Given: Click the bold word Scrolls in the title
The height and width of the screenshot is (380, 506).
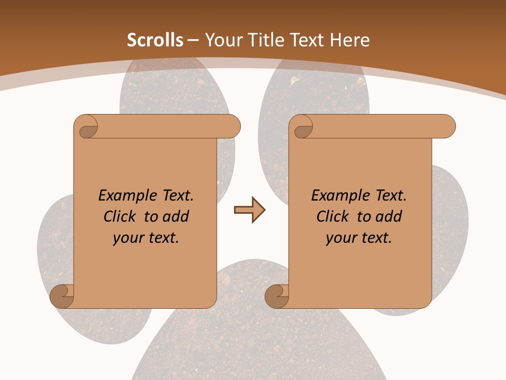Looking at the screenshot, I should coord(155,40).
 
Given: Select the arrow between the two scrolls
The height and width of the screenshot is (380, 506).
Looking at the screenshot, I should coord(249,210).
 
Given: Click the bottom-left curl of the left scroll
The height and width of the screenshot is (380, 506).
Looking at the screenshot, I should coord(62,296).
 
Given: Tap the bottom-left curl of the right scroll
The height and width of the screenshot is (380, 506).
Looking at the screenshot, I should coord(276,296).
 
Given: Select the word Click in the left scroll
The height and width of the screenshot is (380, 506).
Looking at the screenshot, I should coord(121,216).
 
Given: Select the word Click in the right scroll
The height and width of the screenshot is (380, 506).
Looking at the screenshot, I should coord(333,216).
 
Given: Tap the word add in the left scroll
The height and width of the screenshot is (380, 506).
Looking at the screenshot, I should coord(176,216).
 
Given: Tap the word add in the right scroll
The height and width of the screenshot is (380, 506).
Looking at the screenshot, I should coord(389,216).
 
